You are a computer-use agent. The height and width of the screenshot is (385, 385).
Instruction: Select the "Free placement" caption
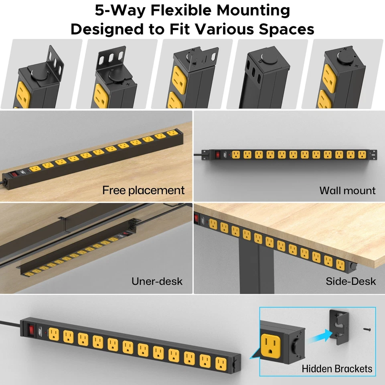pos(143,190)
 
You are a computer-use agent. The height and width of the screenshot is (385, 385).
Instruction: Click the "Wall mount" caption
pos(347,190)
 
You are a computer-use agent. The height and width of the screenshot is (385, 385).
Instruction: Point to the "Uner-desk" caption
pos(157,281)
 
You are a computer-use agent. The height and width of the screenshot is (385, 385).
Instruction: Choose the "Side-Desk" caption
pos(351,281)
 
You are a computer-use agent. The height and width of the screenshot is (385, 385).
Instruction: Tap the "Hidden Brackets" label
pos(337,368)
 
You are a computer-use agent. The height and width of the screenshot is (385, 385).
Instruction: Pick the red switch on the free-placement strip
pos(15,174)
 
